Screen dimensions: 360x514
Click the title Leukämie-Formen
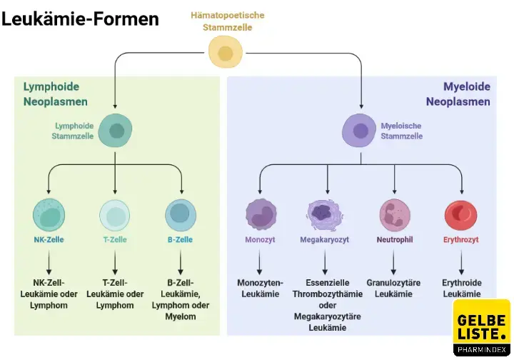click(x=80, y=19)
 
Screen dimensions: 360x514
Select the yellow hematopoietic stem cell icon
click(x=225, y=53)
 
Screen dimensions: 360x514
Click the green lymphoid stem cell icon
click(x=115, y=131)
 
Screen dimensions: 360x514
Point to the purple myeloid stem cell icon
click(x=361, y=131)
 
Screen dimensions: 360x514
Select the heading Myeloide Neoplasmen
click(x=458, y=94)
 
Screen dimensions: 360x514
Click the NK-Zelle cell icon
click(x=49, y=215)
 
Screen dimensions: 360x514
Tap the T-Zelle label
click(x=114, y=240)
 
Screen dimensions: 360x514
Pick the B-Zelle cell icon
click(x=181, y=214)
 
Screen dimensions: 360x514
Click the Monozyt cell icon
click(x=261, y=214)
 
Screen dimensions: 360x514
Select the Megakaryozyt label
click(x=324, y=240)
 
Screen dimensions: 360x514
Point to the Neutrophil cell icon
click(x=395, y=214)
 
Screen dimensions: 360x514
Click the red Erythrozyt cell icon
click(x=460, y=214)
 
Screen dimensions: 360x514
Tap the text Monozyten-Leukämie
click(x=261, y=289)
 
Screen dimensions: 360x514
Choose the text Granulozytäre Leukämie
click(x=393, y=289)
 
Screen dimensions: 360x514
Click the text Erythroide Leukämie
click(x=460, y=289)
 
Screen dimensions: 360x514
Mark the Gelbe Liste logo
click(x=482, y=327)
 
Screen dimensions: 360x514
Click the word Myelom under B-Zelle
click(x=181, y=316)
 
